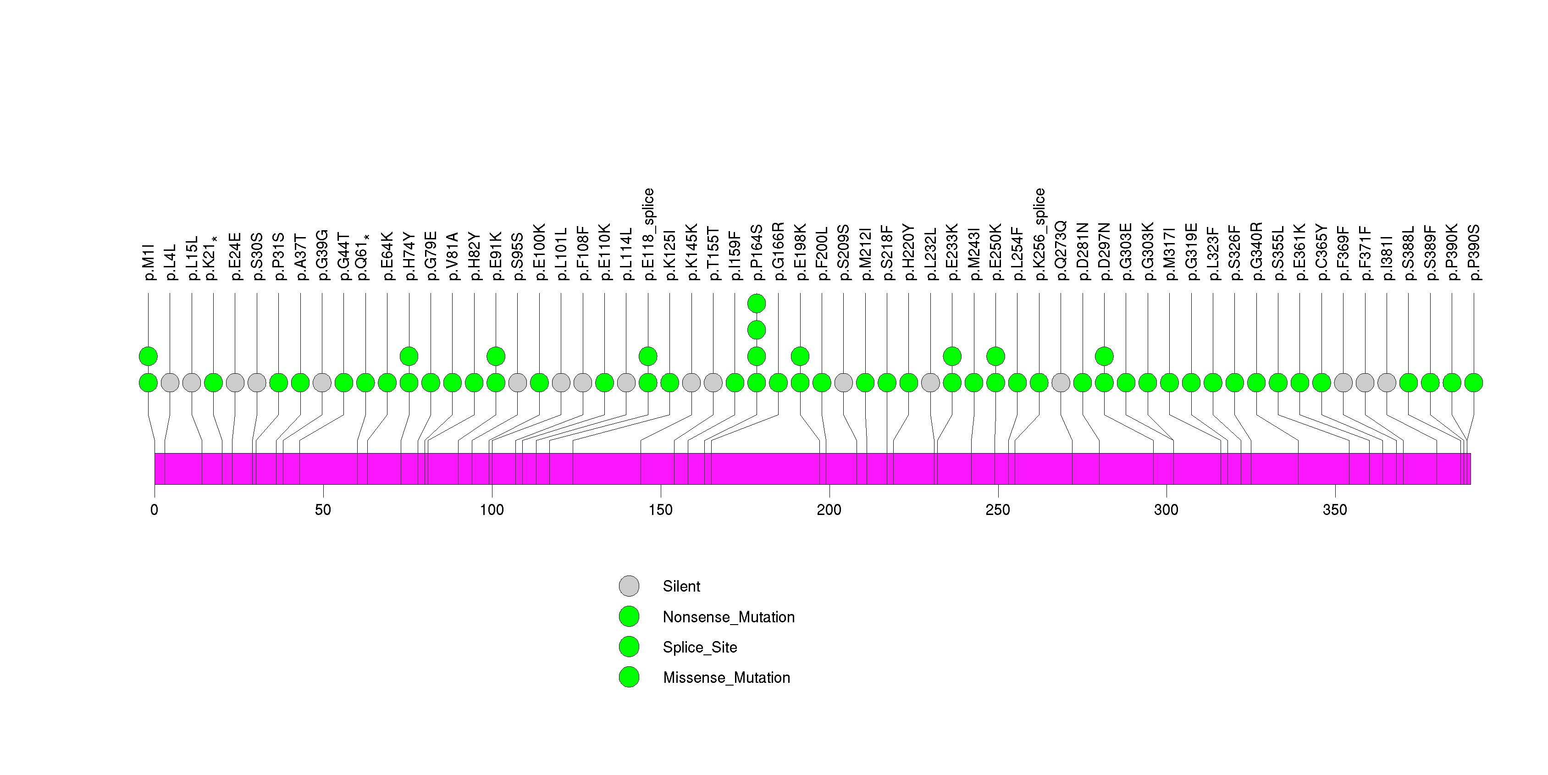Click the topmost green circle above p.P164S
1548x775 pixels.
pyautogui.click(x=757, y=304)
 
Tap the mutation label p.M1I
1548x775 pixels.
pyautogui.click(x=149, y=262)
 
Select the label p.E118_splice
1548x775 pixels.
pyautogui.click(x=648, y=234)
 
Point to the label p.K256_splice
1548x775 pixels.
pyautogui.click(x=1039, y=234)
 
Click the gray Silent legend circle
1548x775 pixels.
pyautogui.click(x=629, y=586)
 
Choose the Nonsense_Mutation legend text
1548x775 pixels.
pyautogui.click(x=728, y=617)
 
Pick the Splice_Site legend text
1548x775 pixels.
pyautogui.click(x=699, y=647)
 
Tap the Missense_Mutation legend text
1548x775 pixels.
pyautogui.click(x=726, y=678)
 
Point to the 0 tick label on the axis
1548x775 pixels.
pyautogui.click(x=155, y=510)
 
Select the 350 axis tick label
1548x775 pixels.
pyautogui.click(x=1335, y=510)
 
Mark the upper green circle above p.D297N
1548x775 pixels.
pyautogui.click(x=1104, y=356)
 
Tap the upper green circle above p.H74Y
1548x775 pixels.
pyautogui.click(x=409, y=356)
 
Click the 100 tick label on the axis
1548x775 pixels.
pyautogui.click(x=492, y=510)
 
